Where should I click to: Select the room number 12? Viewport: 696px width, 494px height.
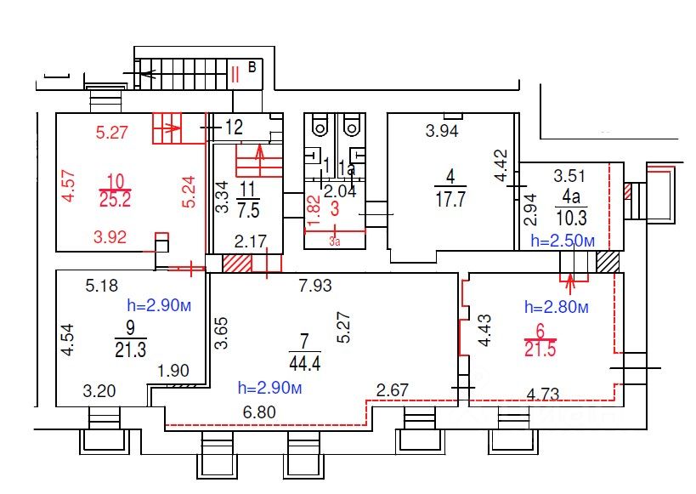pyautogui.click(x=235, y=128)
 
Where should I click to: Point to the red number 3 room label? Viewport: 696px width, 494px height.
pyautogui.click(x=335, y=209)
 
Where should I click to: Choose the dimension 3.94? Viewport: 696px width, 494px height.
pyautogui.click(x=443, y=130)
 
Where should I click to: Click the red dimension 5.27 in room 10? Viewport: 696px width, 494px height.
pyautogui.click(x=111, y=133)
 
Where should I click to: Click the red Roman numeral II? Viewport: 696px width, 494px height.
pyautogui.click(x=235, y=73)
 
